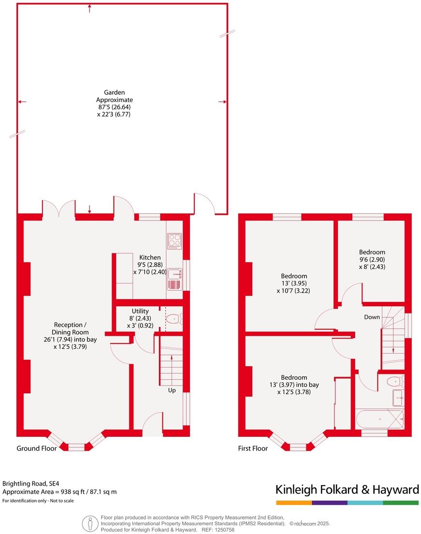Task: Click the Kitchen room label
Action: point(150,257)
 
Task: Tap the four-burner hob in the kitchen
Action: point(174,241)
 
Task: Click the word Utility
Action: point(140,311)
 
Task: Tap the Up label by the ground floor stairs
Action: point(172,390)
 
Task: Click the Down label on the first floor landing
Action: point(372,317)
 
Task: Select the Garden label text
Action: point(115,92)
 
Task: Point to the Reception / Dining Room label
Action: point(70,328)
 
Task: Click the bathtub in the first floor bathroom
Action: point(379,419)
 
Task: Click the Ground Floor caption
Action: point(37,448)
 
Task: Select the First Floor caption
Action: point(253,448)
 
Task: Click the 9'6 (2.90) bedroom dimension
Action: point(372,260)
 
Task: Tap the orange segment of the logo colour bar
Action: point(294,503)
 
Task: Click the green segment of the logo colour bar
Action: point(401,503)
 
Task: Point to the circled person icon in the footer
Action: point(90,523)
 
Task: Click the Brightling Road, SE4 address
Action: point(31,484)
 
